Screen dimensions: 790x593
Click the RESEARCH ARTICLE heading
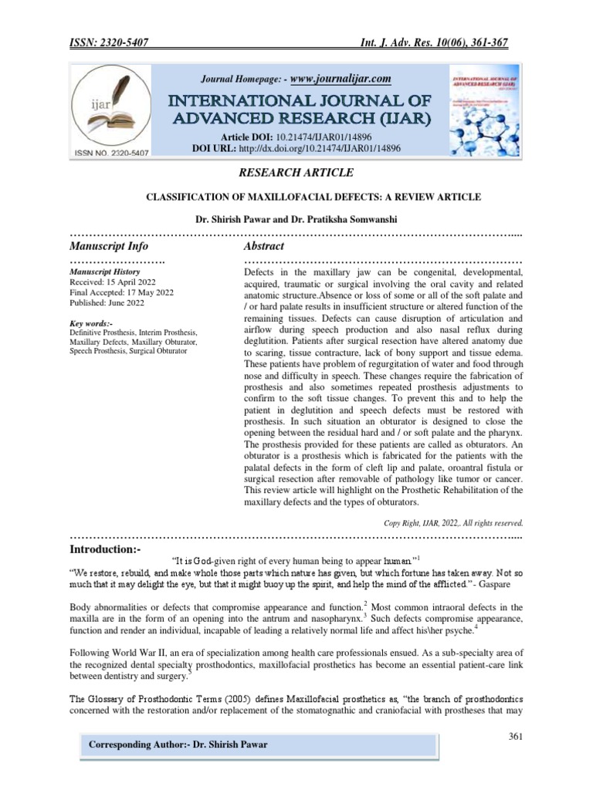tap(296, 172)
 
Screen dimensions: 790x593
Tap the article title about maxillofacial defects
tap(296, 197)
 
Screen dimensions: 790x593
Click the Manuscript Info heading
tap(108, 246)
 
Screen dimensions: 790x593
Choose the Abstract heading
tap(264, 246)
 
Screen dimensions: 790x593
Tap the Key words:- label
tap(91, 323)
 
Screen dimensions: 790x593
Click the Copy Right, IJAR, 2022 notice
tap(454, 522)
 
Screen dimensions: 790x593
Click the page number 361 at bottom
tap(517, 737)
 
